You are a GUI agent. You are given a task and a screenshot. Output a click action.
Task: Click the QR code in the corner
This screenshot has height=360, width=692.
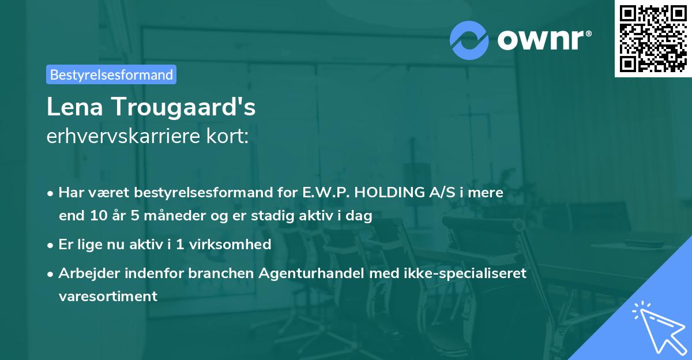(653, 38)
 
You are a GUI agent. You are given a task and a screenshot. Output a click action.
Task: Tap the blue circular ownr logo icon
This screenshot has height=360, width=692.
(469, 40)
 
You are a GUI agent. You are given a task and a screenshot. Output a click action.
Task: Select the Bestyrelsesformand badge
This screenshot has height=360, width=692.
(111, 74)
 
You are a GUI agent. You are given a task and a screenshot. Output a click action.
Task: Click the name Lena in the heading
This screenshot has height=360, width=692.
(74, 107)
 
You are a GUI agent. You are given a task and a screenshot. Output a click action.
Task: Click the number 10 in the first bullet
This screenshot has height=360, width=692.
(95, 216)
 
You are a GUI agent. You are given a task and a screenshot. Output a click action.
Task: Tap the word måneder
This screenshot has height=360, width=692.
(164, 216)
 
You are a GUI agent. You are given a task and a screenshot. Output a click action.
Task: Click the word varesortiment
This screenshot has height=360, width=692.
(107, 296)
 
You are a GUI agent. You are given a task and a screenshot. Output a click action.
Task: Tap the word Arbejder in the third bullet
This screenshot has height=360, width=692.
(84, 273)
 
